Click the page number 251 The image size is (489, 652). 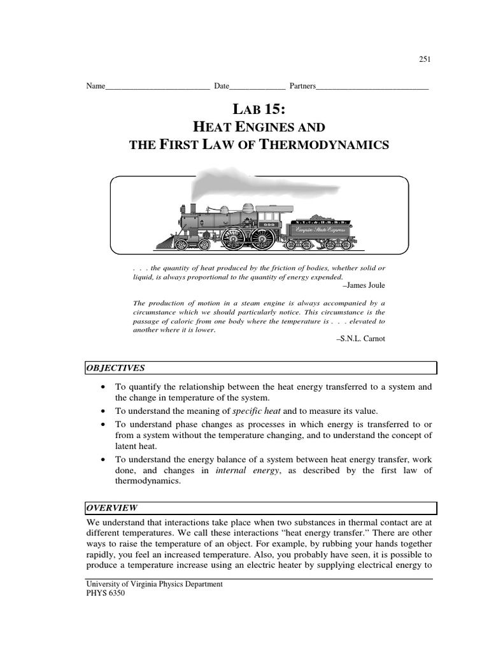tap(425, 59)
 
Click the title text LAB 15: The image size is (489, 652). tap(258, 109)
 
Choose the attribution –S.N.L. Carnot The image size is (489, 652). tap(360, 339)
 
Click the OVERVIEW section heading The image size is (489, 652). tap(111, 507)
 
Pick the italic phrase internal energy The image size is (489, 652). tap(239, 471)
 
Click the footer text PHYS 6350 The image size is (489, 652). tap(106, 593)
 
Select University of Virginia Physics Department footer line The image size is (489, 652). tap(154, 584)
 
